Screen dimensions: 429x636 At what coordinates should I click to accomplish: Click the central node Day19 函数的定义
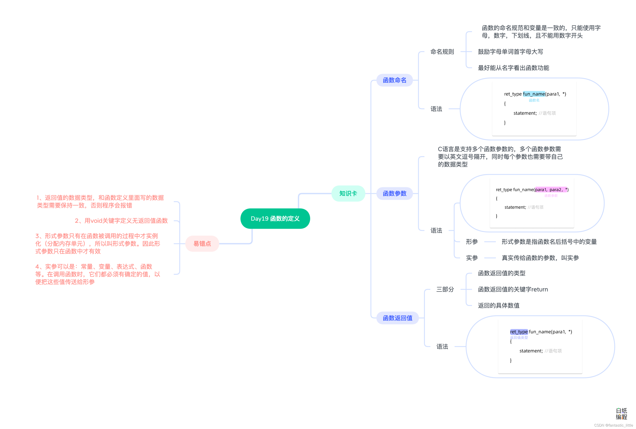tap(275, 219)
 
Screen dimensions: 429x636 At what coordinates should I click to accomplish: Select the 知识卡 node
tap(348, 194)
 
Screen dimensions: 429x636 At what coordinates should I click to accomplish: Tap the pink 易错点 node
tap(202, 243)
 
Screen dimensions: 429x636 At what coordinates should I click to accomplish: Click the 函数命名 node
tap(394, 80)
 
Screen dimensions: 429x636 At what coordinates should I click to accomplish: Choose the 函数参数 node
tap(394, 194)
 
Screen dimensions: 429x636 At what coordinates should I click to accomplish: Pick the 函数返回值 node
tap(397, 318)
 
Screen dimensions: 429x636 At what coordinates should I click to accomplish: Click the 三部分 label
tap(445, 289)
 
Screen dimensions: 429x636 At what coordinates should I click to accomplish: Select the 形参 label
tap(472, 242)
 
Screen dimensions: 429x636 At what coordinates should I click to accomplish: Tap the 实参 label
tap(472, 258)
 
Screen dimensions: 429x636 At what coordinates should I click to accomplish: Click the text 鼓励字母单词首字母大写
tap(510, 52)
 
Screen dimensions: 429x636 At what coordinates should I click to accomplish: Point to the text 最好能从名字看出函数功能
tap(513, 68)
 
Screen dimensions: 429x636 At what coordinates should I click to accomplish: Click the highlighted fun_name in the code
tap(533, 94)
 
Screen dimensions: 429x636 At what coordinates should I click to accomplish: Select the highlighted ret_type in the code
tap(519, 332)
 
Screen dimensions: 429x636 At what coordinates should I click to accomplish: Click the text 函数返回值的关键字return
tap(513, 289)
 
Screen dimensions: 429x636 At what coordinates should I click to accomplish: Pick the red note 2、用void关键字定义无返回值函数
tap(121, 221)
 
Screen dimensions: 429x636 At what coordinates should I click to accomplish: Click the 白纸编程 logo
tap(621, 414)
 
